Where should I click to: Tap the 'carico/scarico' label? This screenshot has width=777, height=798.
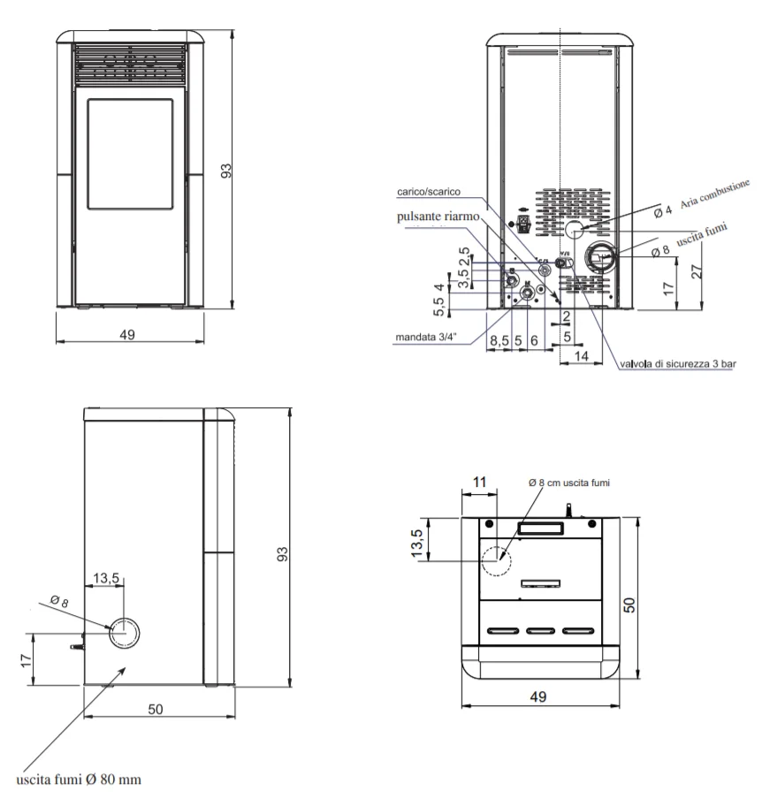[428, 192]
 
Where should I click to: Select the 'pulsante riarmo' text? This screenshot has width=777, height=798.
[438, 217]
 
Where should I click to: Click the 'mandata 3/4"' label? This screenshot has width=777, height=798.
[426, 337]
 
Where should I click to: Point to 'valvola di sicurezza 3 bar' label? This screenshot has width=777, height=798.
[678, 364]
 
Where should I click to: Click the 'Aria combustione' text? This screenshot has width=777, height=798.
[715, 194]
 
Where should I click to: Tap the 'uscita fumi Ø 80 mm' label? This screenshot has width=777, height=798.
[79, 779]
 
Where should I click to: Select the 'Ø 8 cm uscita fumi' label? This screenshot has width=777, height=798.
[568, 483]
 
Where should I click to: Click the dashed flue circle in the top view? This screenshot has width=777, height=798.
[497, 546]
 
